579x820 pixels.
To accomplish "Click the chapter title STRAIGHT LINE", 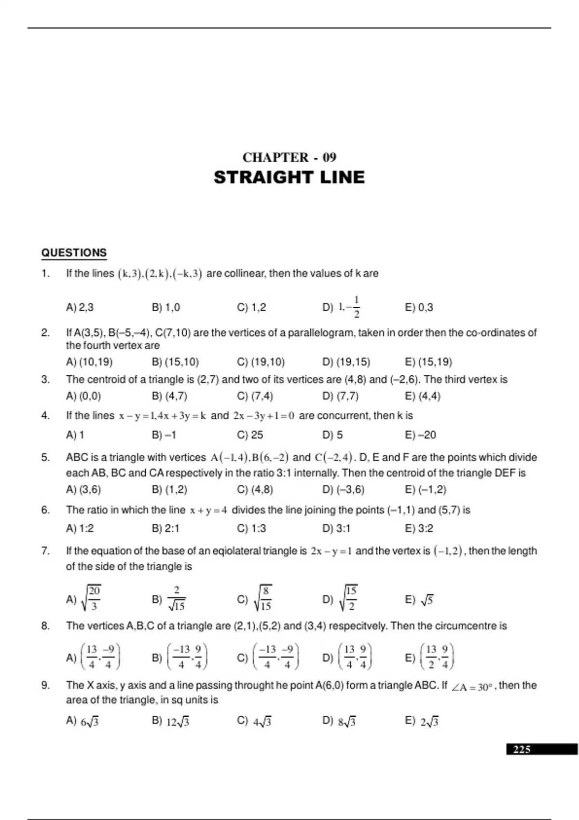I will (x=289, y=178).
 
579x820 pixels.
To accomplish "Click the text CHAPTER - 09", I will (x=289, y=157).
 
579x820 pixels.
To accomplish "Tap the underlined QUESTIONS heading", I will (x=74, y=253).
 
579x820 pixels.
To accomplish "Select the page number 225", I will (x=522, y=749).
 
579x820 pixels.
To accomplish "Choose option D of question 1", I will (x=342, y=307).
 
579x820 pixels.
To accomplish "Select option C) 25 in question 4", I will (x=250, y=435).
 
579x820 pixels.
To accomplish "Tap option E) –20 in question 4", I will (x=421, y=435).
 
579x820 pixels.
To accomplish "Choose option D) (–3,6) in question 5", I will (x=343, y=490).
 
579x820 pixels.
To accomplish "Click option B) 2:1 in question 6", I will (x=165, y=529).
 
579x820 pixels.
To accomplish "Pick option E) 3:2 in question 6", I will (x=419, y=529).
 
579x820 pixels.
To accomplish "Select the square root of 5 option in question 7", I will (x=420, y=600).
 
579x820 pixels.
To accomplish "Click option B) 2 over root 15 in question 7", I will (x=169, y=599).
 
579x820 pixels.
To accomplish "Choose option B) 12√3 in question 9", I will (x=171, y=722).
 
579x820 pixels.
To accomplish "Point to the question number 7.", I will (x=45, y=551).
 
